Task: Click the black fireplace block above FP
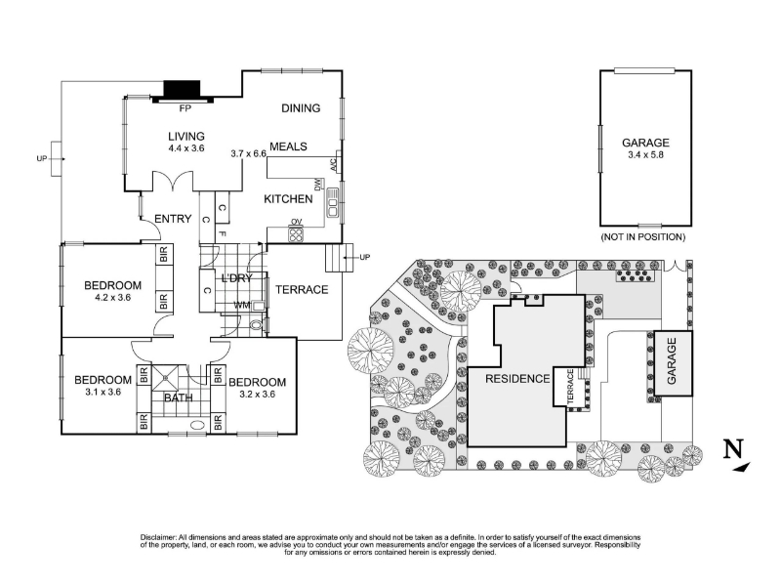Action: coord(183,90)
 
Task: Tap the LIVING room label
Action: coord(186,136)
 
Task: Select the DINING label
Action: coord(301,108)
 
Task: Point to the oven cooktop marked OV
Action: coord(296,233)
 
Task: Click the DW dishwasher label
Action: coord(317,185)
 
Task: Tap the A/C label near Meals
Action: coord(334,164)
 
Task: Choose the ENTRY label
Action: coord(173,219)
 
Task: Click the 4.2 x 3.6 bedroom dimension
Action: coord(112,298)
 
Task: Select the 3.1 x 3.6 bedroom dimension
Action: coord(103,393)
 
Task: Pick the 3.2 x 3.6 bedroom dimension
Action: coord(257,395)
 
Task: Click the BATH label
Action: coord(179,398)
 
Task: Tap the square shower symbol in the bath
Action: coord(165,379)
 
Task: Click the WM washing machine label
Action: coord(242,305)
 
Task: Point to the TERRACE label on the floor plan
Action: coord(302,289)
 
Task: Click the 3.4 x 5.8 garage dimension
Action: coord(645,155)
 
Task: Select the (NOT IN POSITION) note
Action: coord(643,237)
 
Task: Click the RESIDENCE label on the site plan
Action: coord(517,379)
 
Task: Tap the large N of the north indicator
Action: coord(733,449)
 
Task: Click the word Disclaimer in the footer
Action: coord(158,538)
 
